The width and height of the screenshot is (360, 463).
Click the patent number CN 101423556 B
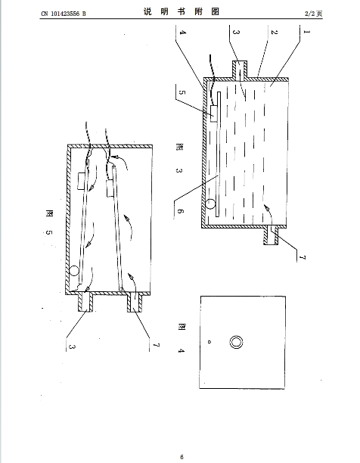pyautogui.click(x=64, y=14)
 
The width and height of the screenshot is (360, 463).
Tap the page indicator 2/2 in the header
pyautogui.click(x=309, y=14)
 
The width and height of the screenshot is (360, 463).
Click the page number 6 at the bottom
pyautogui.click(x=182, y=457)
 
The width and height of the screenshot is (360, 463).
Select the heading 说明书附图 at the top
pyautogui.click(x=182, y=11)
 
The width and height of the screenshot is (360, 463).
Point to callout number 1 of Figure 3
pyautogui.click(x=307, y=32)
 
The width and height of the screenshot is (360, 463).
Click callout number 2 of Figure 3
pyautogui.click(x=274, y=32)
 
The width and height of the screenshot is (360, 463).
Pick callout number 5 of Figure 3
pyautogui.click(x=182, y=92)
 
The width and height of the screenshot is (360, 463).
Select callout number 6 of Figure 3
pyautogui.click(x=180, y=211)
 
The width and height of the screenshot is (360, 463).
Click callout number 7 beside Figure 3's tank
pyautogui.click(x=302, y=257)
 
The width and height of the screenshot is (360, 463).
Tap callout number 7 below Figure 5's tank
pyautogui.click(x=157, y=345)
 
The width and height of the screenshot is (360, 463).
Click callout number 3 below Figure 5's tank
pyautogui.click(x=72, y=346)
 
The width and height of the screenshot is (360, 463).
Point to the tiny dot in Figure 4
pyautogui.click(x=209, y=342)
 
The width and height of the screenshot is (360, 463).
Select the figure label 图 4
pyautogui.click(x=182, y=338)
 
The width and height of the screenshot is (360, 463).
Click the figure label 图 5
pyautogui.click(x=49, y=222)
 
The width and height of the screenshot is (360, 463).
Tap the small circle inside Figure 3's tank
pyautogui.click(x=210, y=204)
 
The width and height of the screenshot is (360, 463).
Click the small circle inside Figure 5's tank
pyautogui.click(x=74, y=271)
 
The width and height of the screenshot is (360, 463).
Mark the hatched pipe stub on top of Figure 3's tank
pyautogui.click(x=240, y=70)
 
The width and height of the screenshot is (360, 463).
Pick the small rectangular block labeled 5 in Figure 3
pyautogui.click(x=214, y=113)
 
